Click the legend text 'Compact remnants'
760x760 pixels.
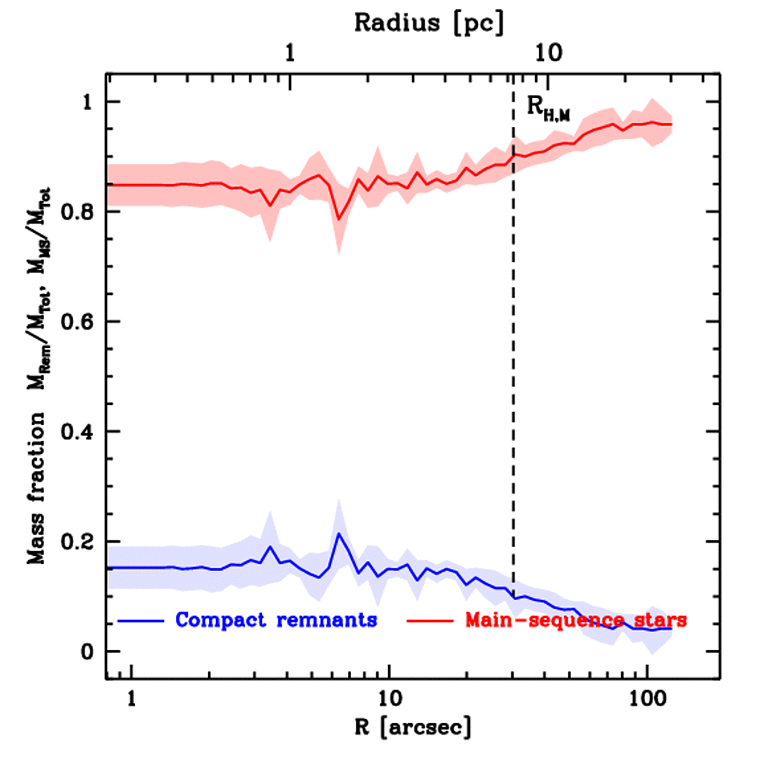pyautogui.click(x=276, y=619)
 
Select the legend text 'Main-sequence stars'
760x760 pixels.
pyautogui.click(x=575, y=619)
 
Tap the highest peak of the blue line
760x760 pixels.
pyautogui.click(x=338, y=533)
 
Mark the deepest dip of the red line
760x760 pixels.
pyautogui.click(x=338, y=219)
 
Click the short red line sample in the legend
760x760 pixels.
pyautogui.click(x=430, y=619)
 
